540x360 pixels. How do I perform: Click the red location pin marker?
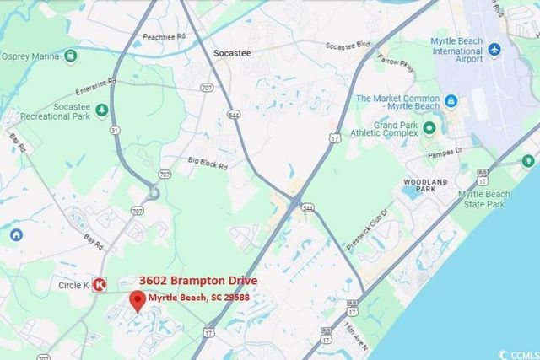click(x=137, y=300)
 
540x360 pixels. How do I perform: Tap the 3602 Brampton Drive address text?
click(x=198, y=281)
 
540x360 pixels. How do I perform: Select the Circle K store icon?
click(x=100, y=285)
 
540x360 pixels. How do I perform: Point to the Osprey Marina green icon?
click(x=69, y=56)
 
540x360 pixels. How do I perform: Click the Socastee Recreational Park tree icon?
click(x=101, y=110)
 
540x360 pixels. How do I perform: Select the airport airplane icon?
click(x=494, y=49)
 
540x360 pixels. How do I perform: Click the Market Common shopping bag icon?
click(x=451, y=102)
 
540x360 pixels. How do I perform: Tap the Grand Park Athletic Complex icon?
click(x=429, y=129)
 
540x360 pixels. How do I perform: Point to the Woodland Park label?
click(x=430, y=180)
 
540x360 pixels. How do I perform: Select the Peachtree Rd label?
click(x=164, y=38)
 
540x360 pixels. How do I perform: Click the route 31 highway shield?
click(x=115, y=131)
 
